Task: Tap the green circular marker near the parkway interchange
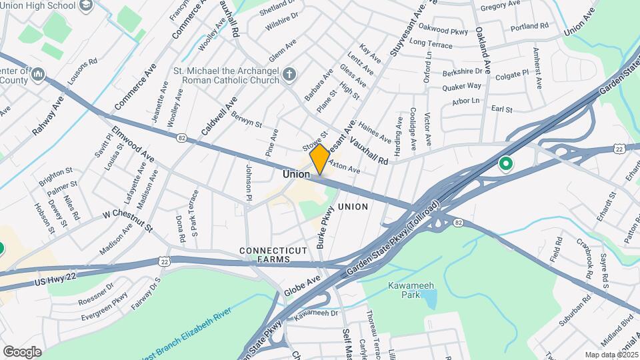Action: click(x=505, y=163)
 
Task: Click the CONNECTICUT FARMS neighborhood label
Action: click(x=274, y=255)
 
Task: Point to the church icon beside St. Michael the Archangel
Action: click(x=289, y=74)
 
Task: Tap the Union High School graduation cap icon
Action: click(x=85, y=6)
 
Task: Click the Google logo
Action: click(x=22, y=351)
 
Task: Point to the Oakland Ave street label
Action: click(x=483, y=50)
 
